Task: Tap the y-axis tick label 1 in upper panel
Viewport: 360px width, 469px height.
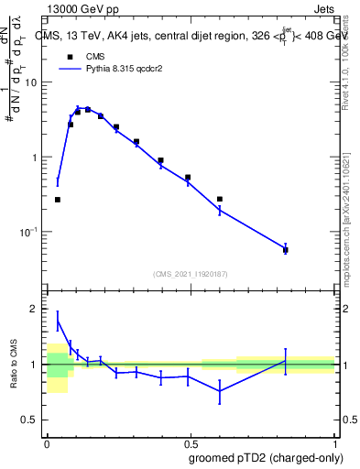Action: coord(35,158)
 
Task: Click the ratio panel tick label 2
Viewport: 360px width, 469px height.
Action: coord(35,309)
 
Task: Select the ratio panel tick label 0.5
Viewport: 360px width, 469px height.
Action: coord(29,420)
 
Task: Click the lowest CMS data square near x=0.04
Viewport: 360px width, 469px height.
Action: coord(58,199)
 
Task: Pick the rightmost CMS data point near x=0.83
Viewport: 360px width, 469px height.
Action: coord(286,249)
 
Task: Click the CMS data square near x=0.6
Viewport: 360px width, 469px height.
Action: coord(220,199)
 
